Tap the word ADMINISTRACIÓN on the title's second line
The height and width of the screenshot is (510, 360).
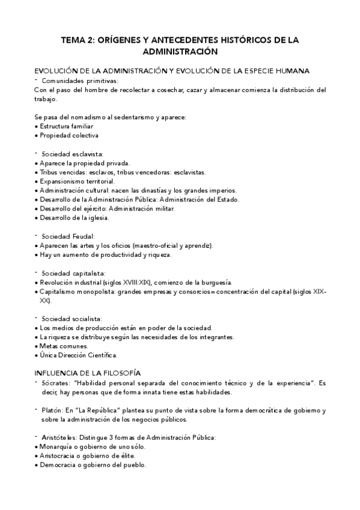[x=179, y=52]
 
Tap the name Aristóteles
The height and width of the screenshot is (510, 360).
[x=58, y=437]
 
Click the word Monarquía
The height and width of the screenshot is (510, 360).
[x=58, y=446]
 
